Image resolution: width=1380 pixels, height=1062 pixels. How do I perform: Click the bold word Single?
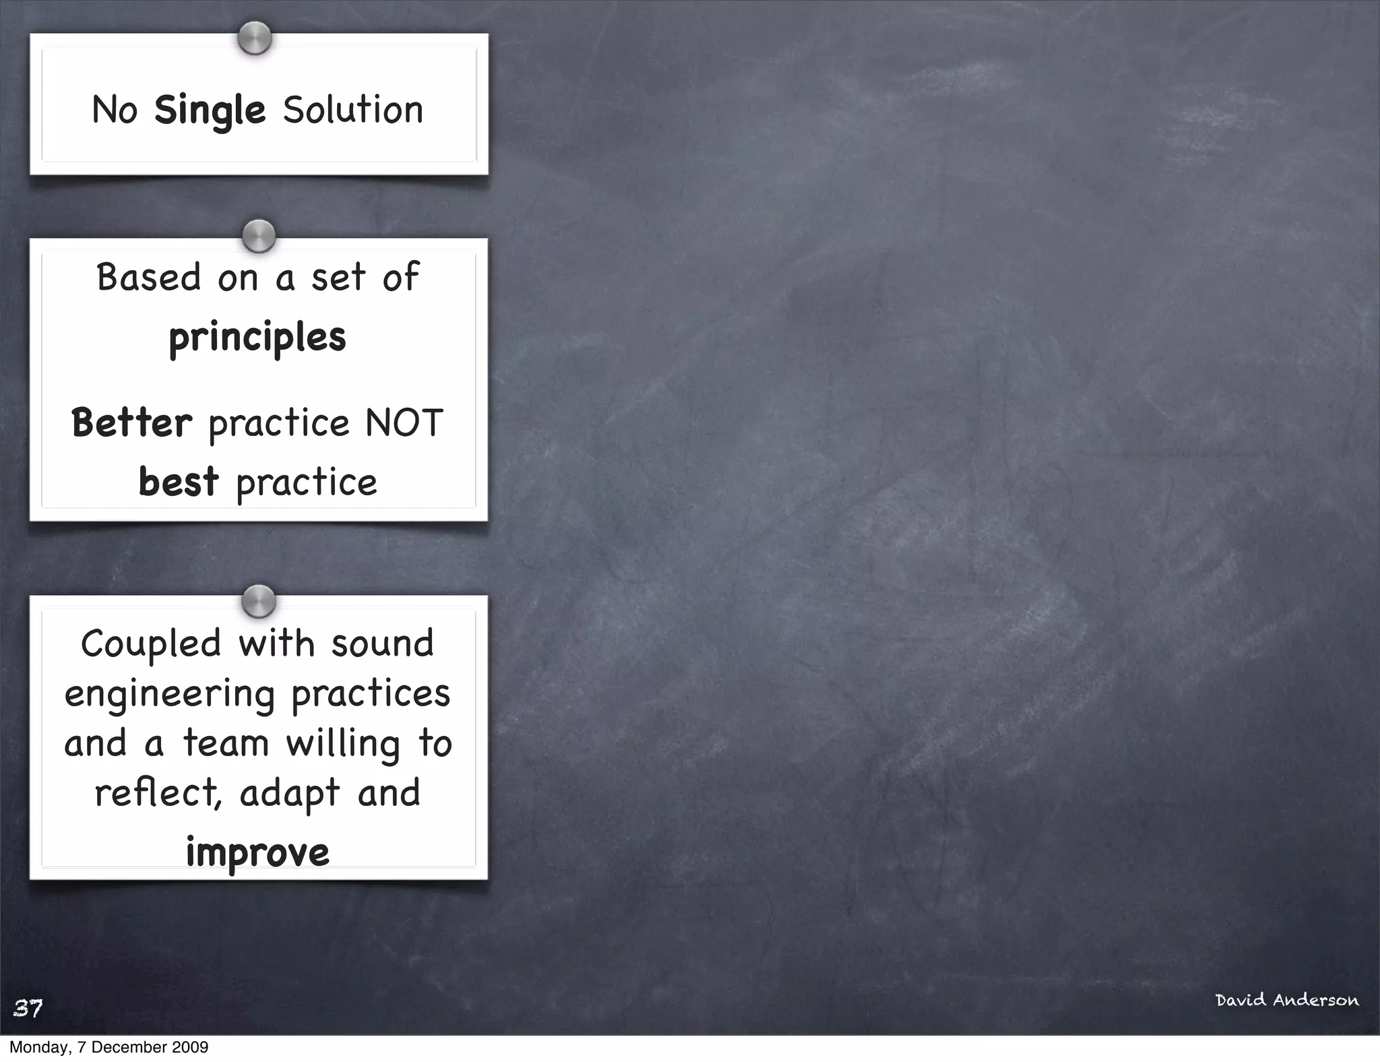coord(210,111)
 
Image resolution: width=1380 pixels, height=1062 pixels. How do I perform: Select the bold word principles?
coord(257,338)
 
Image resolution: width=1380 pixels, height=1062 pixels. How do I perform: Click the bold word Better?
coord(132,423)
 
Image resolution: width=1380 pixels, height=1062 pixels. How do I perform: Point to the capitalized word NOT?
coord(404,423)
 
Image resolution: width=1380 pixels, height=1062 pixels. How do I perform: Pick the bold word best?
coord(179,482)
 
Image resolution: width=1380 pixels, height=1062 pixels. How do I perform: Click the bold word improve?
coord(257,852)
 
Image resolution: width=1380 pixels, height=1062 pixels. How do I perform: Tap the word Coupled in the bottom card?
coord(151,644)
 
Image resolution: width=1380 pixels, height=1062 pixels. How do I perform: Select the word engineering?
coord(170,695)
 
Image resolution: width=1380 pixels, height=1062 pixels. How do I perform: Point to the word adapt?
coord(290,794)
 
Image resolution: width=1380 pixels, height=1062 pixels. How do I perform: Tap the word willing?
coord(342,744)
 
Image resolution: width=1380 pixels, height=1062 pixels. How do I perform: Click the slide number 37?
coord(28,1008)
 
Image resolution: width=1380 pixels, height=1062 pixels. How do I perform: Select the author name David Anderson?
coord(1287,1000)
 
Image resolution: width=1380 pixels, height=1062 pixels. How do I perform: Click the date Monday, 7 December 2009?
coord(108,1047)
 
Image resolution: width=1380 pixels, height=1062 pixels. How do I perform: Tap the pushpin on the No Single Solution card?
coord(255,38)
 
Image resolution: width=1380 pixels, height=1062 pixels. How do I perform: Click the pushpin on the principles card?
coord(259,236)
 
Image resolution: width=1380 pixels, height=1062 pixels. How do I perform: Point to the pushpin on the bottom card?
coord(259,601)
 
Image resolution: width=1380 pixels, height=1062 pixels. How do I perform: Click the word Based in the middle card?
coord(149,278)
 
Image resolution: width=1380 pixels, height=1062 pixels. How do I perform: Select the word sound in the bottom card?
coord(382,644)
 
